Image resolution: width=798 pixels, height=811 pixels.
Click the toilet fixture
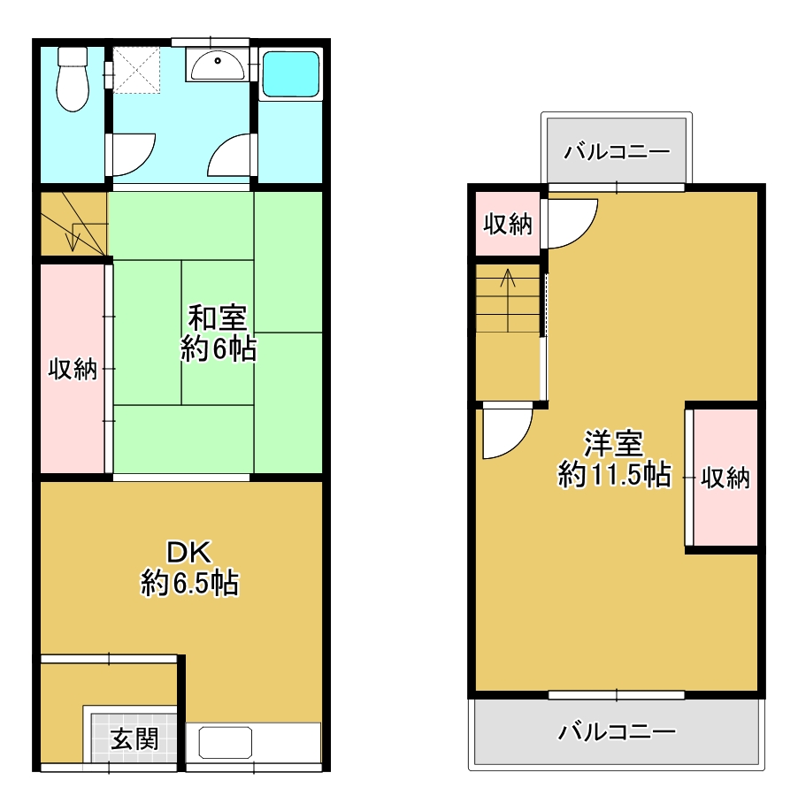click(73, 79)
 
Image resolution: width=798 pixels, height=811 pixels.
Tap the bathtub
click(290, 74)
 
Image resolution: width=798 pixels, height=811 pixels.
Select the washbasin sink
click(218, 65)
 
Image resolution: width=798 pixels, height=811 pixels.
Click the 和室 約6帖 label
click(218, 333)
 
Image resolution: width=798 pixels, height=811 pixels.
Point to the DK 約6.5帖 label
click(189, 568)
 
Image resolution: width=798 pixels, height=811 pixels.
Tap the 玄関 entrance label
click(134, 738)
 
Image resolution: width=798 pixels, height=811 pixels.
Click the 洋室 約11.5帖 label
click(614, 458)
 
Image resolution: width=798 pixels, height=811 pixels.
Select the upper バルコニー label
click(617, 152)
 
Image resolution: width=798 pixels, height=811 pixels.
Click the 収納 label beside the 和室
click(73, 369)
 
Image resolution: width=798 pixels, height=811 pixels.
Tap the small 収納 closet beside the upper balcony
click(508, 224)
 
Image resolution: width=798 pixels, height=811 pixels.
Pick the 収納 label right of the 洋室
click(725, 478)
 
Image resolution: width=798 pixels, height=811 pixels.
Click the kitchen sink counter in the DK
click(254, 742)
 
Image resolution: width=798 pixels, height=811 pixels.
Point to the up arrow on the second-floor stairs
click(508, 300)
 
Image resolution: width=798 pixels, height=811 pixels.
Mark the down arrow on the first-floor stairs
click(73, 239)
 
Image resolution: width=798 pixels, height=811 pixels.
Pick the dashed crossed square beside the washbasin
click(136, 71)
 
